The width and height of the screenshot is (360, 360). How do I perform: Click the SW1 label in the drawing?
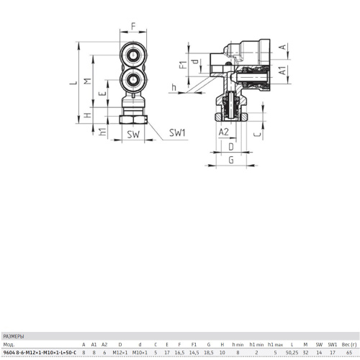click(177, 132)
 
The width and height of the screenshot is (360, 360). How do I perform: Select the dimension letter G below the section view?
click(231, 160)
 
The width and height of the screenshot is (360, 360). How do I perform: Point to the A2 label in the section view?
click(224, 132)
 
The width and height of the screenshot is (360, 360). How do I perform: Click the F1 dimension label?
click(183, 65)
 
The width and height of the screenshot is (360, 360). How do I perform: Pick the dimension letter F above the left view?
click(133, 26)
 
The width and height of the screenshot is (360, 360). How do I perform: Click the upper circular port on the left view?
click(133, 55)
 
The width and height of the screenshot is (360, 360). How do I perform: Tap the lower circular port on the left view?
click(133, 80)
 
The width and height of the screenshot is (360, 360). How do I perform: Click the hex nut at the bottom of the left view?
click(133, 120)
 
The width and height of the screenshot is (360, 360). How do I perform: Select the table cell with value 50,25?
click(292, 353)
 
